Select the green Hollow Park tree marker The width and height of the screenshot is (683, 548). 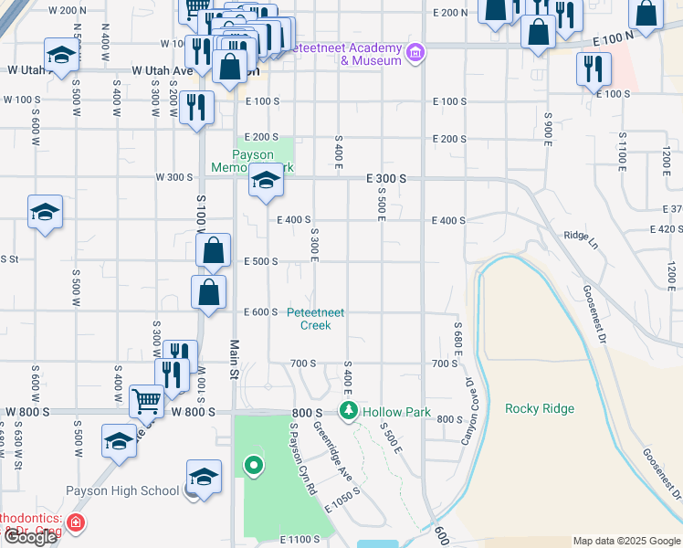pyautogui.click(x=348, y=412)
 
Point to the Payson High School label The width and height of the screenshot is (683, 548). pyautogui.click(x=122, y=491)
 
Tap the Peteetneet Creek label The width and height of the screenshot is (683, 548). pyautogui.click(x=316, y=318)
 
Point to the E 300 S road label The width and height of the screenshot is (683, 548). pyautogui.click(x=386, y=179)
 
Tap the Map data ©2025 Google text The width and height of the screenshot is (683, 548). pyautogui.click(x=625, y=541)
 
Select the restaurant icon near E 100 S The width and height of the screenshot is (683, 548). pyautogui.click(x=594, y=68)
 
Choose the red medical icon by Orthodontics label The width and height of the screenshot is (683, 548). pyautogui.click(x=77, y=523)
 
